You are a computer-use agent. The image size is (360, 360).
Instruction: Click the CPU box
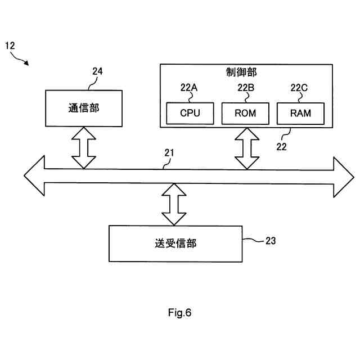pos(190,113)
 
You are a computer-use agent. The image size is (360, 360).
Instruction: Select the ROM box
pos(245,113)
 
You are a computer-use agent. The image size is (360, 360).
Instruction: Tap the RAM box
pos(300,113)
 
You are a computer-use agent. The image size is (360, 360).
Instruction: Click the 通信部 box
pos(83,108)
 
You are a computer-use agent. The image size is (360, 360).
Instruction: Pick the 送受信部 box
pos(175,243)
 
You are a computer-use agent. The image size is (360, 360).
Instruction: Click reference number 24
pos(97,71)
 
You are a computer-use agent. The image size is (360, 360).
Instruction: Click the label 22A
pos(190,87)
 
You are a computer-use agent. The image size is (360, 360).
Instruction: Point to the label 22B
pos(246,87)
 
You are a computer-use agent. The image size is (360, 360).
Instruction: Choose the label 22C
pos(299,87)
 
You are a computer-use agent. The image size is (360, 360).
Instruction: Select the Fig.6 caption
pos(180,313)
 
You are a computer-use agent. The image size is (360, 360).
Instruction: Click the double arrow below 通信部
pos(83,147)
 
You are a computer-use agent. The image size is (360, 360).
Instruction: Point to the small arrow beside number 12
pos(23,58)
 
